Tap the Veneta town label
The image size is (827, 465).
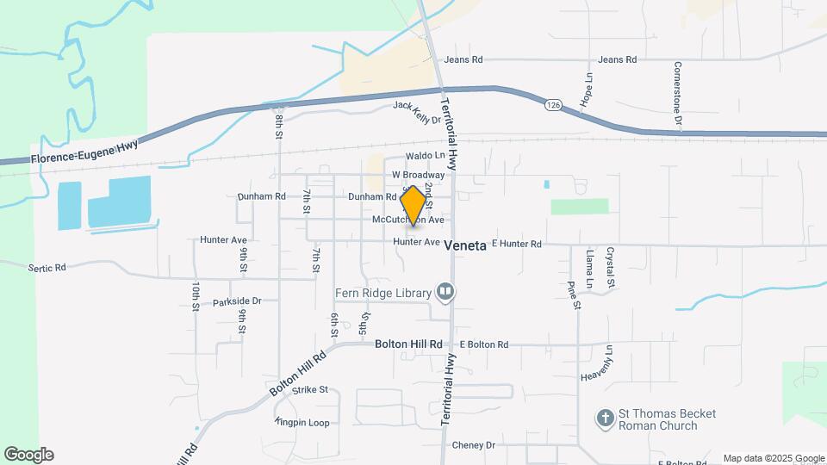pyautogui.click(x=466, y=245)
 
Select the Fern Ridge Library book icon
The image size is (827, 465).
pyautogui.click(x=445, y=293)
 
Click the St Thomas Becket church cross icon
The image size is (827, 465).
pyautogui.click(x=606, y=419)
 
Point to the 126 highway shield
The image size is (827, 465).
pyautogui.click(x=552, y=105)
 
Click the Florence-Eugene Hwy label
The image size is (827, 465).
pyautogui.click(x=84, y=153)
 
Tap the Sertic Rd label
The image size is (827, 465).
pyautogui.click(x=47, y=268)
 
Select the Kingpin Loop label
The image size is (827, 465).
pyautogui.click(x=302, y=422)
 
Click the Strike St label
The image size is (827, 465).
pyautogui.click(x=310, y=390)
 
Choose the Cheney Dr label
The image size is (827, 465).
pyautogui.click(x=474, y=445)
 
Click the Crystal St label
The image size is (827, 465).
pyautogui.click(x=610, y=267)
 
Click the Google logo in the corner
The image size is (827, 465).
pyautogui.click(x=28, y=455)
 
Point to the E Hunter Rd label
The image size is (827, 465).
pyautogui.click(x=516, y=245)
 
